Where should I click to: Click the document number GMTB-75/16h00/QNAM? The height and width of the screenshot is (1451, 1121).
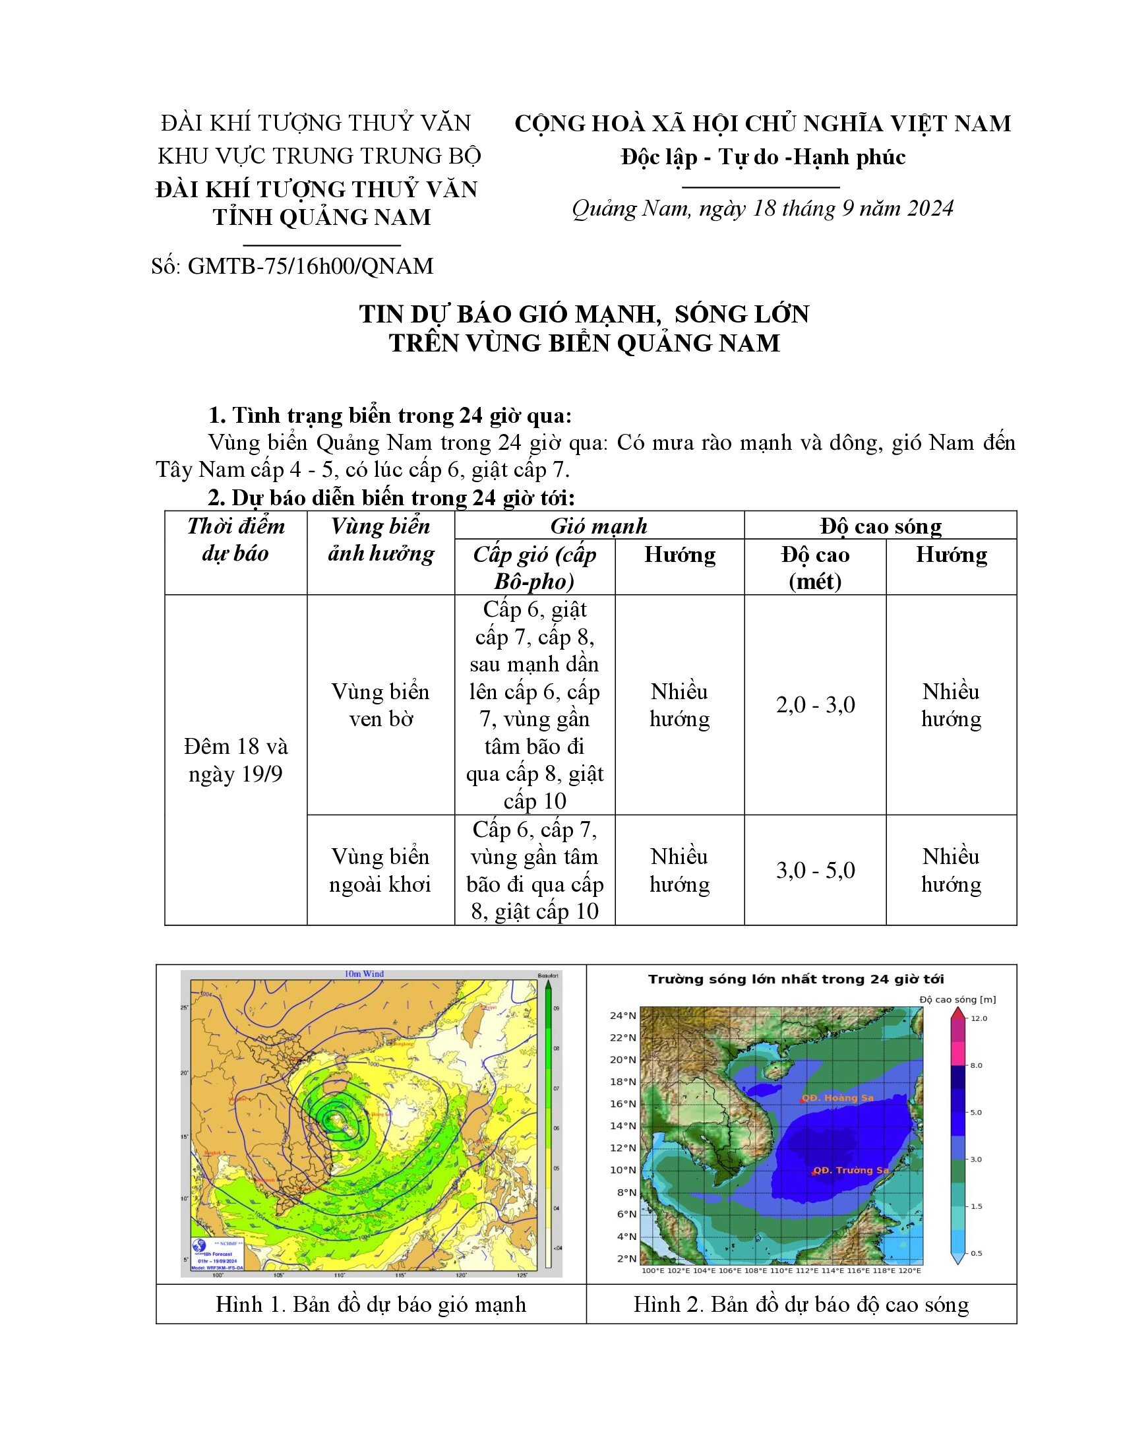pyautogui.click(x=292, y=266)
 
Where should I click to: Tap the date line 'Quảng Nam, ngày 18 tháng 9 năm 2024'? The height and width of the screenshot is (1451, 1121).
pyautogui.click(x=762, y=208)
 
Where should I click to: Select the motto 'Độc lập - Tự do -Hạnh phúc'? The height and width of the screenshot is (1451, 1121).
pyautogui.click(x=763, y=157)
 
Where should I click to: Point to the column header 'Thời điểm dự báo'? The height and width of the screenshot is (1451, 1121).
pyautogui.click(x=236, y=540)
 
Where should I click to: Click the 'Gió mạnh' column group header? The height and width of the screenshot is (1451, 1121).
pyautogui.click(x=599, y=526)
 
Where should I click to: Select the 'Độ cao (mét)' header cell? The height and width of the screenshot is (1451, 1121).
pyautogui.click(x=815, y=567)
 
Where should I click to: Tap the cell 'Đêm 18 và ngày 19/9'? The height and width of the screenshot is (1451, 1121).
pyautogui.click(x=236, y=760)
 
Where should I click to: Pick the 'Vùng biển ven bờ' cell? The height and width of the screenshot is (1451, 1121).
pyautogui.click(x=380, y=705)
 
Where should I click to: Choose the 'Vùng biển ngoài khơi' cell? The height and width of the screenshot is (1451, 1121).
pyautogui.click(x=380, y=871)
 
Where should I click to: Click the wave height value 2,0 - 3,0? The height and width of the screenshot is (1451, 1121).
pyautogui.click(x=815, y=705)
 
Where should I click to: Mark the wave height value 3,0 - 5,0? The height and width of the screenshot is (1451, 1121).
pyautogui.click(x=815, y=871)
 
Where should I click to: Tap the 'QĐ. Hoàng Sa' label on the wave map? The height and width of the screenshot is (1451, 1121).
pyautogui.click(x=837, y=1098)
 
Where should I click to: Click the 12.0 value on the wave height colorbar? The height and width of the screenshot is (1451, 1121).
pyautogui.click(x=979, y=1018)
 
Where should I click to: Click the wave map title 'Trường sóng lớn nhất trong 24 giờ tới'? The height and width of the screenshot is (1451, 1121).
pyautogui.click(x=796, y=979)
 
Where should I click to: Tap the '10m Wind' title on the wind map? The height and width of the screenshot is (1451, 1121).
pyautogui.click(x=363, y=974)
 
